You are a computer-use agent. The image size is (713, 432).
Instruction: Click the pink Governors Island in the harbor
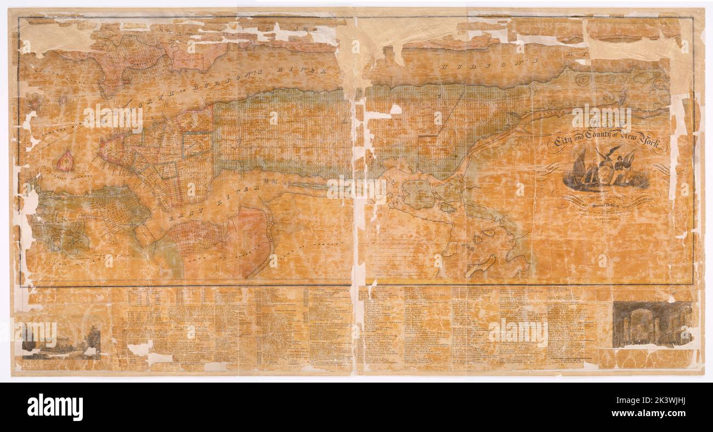click(65, 160)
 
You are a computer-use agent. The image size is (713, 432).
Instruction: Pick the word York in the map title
click(653, 144)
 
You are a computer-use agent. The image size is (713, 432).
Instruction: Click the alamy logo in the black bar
click(55, 407)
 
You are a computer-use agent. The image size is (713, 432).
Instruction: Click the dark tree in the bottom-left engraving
click(93, 340)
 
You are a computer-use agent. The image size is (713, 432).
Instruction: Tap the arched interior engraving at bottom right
click(652, 324)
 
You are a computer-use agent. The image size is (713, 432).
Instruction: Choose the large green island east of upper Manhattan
click(419, 195)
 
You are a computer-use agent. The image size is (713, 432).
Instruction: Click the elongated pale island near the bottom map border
click(480, 266)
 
